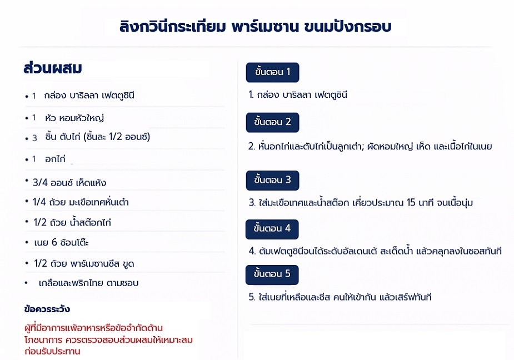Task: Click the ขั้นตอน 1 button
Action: pyautogui.click(x=272, y=72)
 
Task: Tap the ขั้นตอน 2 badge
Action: pyautogui.click(x=272, y=122)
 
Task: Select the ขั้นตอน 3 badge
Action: pyautogui.click(x=272, y=181)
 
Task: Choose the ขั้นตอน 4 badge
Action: pyautogui.click(x=272, y=229)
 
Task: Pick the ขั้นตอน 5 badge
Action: pyautogui.click(x=272, y=274)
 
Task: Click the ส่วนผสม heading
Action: pyautogui.click(x=53, y=68)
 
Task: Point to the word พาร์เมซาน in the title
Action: pyautogui.click(x=265, y=26)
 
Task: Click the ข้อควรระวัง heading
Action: pyautogui.click(x=47, y=309)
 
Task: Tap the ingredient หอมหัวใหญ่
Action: pyautogui.click(x=81, y=118)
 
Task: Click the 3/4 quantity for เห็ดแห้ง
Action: pyautogui.click(x=40, y=183)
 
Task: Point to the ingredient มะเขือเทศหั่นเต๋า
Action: pyautogui.click(x=99, y=202)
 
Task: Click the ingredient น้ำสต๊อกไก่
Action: pyautogui.click(x=91, y=222)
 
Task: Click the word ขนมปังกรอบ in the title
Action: pyautogui.click(x=348, y=26)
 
